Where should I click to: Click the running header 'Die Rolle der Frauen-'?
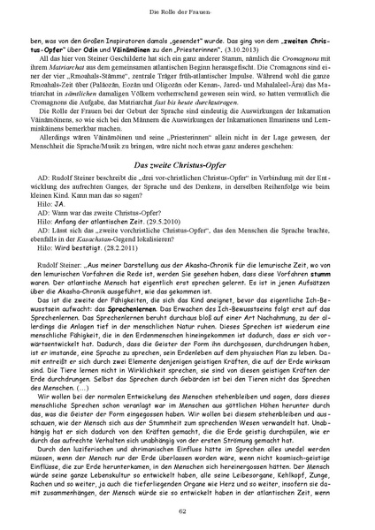[x=187, y=11]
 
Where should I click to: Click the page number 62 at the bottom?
[x=187, y=511]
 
